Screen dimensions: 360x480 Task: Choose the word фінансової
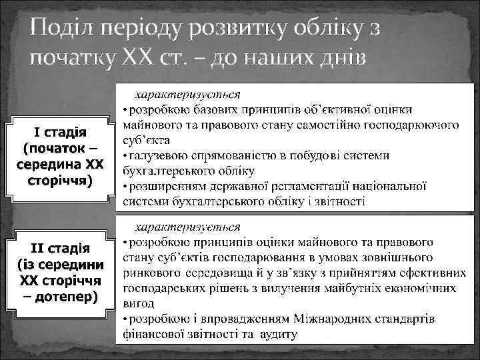point(155,334)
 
